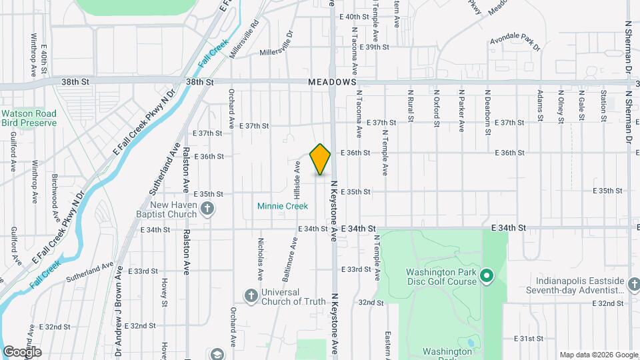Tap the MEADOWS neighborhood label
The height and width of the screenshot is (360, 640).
[332, 81]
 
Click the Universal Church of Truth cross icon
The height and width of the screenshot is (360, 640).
[251, 296]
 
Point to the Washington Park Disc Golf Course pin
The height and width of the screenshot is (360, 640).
[487, 275]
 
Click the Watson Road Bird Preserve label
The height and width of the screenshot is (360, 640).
[29, 118]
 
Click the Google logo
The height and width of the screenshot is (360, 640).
[22, 352]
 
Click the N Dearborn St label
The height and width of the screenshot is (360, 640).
[488, 107]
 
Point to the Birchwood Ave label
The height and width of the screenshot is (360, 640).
[56, 199]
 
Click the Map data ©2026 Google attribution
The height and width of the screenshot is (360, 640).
[597, 355]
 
